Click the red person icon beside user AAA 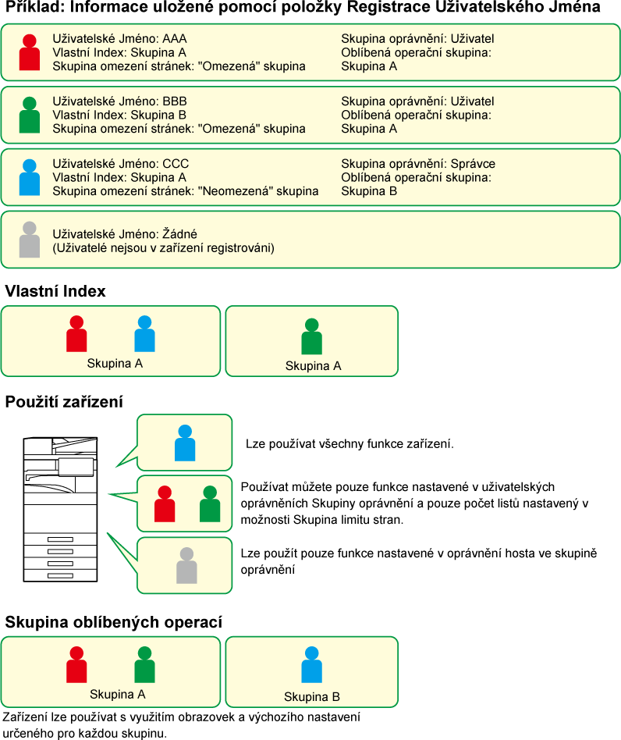pos(29,53)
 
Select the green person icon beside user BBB pos(29,116)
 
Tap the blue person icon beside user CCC pos(29,177)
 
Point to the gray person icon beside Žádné pos(29,240)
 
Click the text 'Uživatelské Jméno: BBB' pos(119,101)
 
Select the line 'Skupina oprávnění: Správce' pos(418,164)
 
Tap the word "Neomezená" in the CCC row pos(233,191)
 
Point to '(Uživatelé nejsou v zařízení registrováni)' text pos(163,248)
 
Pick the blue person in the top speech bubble pos(185,443)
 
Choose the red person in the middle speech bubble pos(165,504)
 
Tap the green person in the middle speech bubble pos(209,504)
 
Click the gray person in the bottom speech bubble pos(186,566)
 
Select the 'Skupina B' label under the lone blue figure pos(311,697)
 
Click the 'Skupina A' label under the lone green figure pos(313,365)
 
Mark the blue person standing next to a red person pos(144,334)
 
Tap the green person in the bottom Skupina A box pos(144,665)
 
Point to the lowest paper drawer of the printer pos(60,575)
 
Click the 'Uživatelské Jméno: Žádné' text pos(125,234)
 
